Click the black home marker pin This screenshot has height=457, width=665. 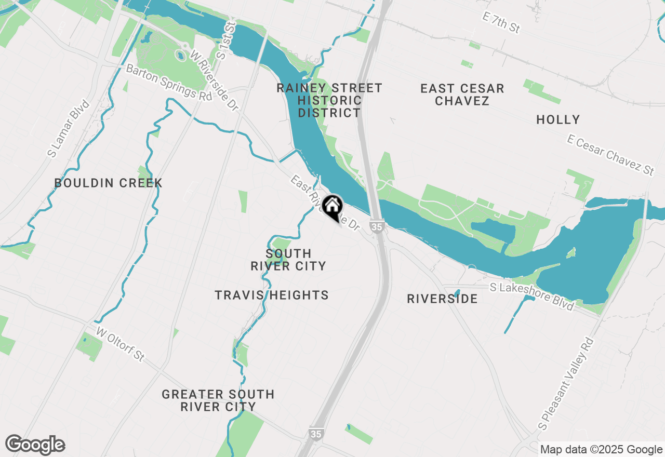[x=332, y=207]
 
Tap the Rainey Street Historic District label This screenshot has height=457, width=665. [x=329, y=100]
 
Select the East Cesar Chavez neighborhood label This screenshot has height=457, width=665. [x=462, y=95]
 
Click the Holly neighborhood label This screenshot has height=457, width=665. [x=558, y=120]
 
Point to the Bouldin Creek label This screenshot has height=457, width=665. [x=109, y=183]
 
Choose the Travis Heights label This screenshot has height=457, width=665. [x=272, y=295]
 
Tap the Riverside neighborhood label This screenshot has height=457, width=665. [x=442, y=299]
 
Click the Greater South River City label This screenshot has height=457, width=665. [x=218, y=400]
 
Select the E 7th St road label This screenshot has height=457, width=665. [x=501, y=23]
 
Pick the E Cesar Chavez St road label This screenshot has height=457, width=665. [x=610, y=154]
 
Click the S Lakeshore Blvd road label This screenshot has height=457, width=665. [x=533, y=296]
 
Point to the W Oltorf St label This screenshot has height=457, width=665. [x=120, y=344]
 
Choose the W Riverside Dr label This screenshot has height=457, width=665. [x=214, y=80]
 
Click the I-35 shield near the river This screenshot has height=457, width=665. [x=377, y=226]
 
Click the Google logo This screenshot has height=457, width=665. [x=35, y=445]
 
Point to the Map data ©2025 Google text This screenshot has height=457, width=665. [x=601, y=450]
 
